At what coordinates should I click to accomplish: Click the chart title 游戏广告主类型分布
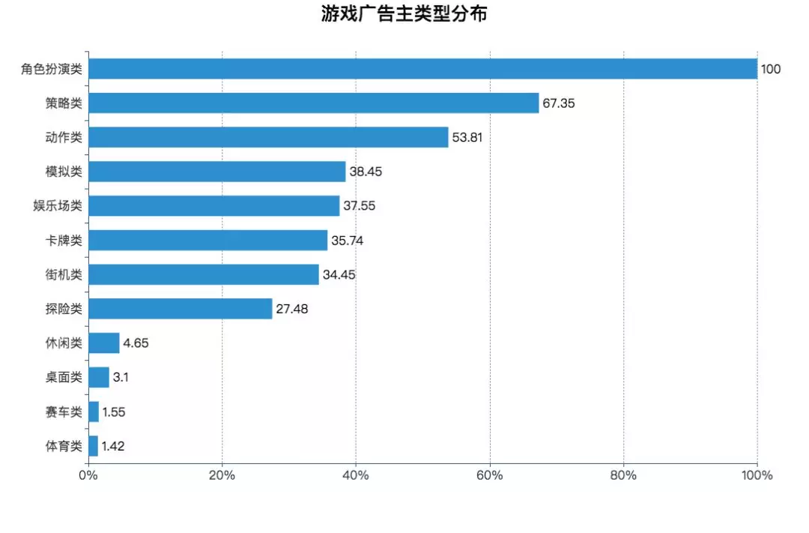pyautogui.click(x=404, y=14)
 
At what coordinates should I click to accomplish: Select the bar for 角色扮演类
pyautogui.click(x=422, y=69)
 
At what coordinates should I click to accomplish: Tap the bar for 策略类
pyautogui.click(x=313, y=103)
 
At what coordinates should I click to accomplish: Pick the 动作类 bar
pyautogui.click(x=268, y=137)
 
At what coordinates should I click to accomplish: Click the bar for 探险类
pyautogui.click(x=180, y=309)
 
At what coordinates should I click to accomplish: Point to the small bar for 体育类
pyautogui.click(x=93, y=446)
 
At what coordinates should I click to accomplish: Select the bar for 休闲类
pyautogui.click(x=103, y=343)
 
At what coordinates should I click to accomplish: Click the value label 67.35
pyautogui.click(x=559, y=103)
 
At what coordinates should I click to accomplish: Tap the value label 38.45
pyautogui.click(x=366, y=172)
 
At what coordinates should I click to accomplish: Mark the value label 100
pyautogui.click(x=771, y=69)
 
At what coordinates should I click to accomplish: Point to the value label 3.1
pyautogui.click(x=121, y=378)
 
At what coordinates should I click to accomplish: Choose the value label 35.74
pyautogui.click(x=347, y=241)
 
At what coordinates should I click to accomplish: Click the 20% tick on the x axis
pyautogui.click(x=222, y=475)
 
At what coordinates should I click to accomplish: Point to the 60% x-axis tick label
pyautogui.click(x=490, y=475)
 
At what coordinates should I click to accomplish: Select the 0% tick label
pyautogui.click(x=88, y=475)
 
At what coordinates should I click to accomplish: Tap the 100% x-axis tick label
pyautogui.click(x=757, y=475)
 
